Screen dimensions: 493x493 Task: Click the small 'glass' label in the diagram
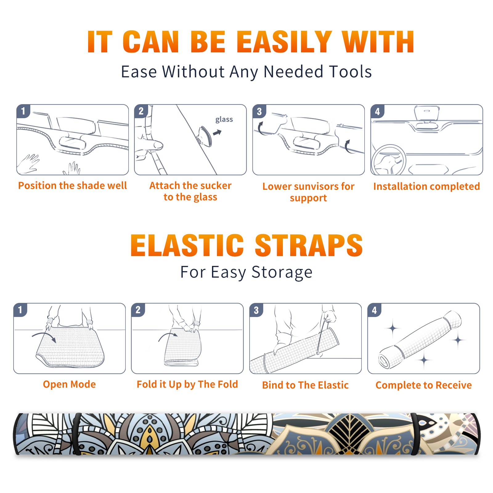224,120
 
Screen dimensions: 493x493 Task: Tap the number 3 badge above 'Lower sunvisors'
259,112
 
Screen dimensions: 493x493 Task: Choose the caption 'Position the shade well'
72,185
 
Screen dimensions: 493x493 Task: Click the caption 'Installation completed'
427,186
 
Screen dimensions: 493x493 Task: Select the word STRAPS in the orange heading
309,245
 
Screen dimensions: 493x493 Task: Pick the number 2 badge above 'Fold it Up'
138,310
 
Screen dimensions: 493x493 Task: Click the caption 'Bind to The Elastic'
305,385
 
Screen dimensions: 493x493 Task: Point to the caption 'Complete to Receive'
424,385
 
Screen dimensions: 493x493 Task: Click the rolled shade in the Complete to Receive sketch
420,340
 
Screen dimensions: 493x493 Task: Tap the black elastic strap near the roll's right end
415,434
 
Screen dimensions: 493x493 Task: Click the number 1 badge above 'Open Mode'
20,310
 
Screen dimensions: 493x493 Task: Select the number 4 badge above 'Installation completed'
377,112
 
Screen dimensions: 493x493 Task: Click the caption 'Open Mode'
69,385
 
